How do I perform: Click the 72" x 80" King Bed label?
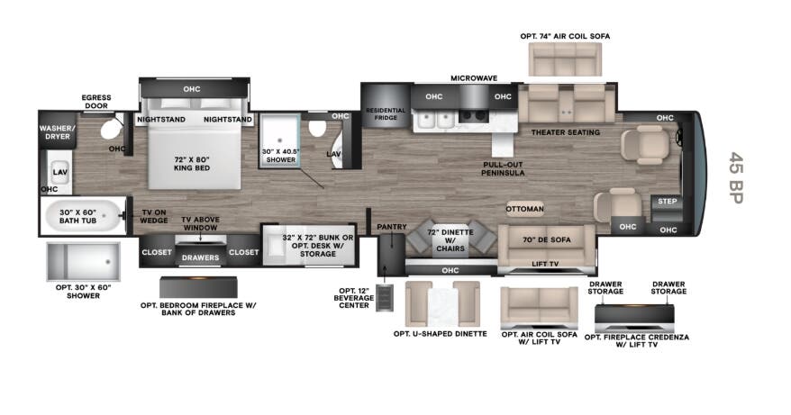[192, 163]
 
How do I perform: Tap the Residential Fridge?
[385, 106]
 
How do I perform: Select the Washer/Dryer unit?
[57, 131]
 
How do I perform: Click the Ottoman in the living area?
[525, 209]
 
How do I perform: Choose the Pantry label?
[392, 227]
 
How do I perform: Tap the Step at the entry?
[667, 202]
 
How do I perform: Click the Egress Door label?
[96, 102]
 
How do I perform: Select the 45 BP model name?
[736, 177]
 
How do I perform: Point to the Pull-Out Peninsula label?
[503, 169]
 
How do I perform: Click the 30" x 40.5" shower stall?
[279, 140]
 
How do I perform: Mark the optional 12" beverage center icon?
[385, 297]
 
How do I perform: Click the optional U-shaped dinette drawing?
[442, 303]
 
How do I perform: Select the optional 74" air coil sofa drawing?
[565, 59]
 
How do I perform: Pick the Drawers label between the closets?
[200, 257]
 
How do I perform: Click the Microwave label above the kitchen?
[474, 78]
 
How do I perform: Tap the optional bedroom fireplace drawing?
[198, 287]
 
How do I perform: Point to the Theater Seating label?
[566, 132]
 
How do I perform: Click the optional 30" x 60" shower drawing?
[84, 262]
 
